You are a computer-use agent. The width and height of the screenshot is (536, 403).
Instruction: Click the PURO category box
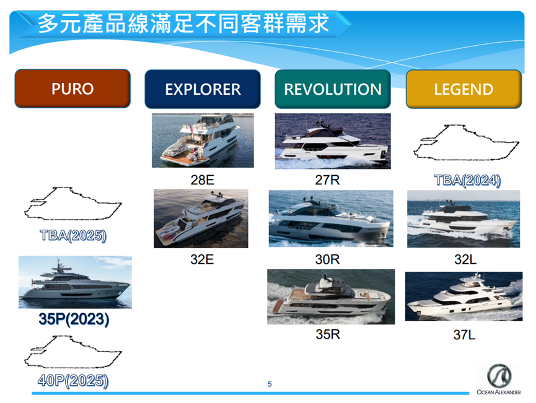click(72, 89)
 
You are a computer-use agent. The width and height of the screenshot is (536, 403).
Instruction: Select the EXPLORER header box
click(203, 89)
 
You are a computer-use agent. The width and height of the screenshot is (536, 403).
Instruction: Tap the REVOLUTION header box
click(333, 89)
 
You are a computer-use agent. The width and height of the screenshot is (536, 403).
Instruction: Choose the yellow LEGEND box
click(464, 89)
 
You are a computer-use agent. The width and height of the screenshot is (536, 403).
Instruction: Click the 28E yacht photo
click(203, 141)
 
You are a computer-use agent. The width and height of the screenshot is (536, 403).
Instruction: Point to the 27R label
click(327, 180)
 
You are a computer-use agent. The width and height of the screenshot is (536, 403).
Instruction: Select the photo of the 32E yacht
click(201, 219)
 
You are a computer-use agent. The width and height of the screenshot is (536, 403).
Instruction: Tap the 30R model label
click(327, 259)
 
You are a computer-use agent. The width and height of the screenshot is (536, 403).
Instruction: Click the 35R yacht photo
click(331, 297)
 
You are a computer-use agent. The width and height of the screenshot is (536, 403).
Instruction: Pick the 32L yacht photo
click(464, 219)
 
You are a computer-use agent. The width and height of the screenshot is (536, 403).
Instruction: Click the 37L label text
click(464, 335)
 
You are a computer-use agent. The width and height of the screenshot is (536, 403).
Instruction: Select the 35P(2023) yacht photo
click(75, 282)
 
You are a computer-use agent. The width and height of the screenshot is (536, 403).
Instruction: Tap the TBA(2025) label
click(73, 235)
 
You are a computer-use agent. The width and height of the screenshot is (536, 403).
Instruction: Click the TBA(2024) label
click(467, 180)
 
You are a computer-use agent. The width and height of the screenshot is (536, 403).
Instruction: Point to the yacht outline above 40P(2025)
click(72, 352)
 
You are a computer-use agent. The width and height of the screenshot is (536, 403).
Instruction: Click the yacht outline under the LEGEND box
click(466, 143)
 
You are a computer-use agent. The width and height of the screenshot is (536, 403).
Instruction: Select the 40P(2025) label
click(73, 381)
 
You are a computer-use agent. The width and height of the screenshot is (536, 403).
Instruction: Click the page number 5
click(270, 384)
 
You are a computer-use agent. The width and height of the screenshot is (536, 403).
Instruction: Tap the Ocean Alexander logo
click(499, 379)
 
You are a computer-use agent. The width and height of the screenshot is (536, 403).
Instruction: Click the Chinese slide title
click(183, 24)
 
